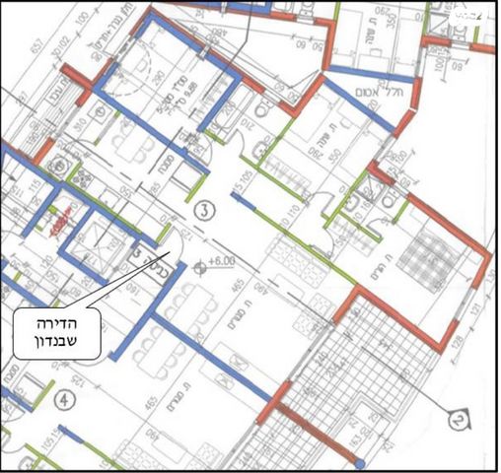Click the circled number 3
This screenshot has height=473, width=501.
[x=204, y=209]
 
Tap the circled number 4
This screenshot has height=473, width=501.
[x=64, y=400]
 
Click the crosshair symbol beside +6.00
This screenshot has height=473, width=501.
[x=201, y=265]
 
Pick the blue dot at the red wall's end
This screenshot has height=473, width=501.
[x=360, y=462]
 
